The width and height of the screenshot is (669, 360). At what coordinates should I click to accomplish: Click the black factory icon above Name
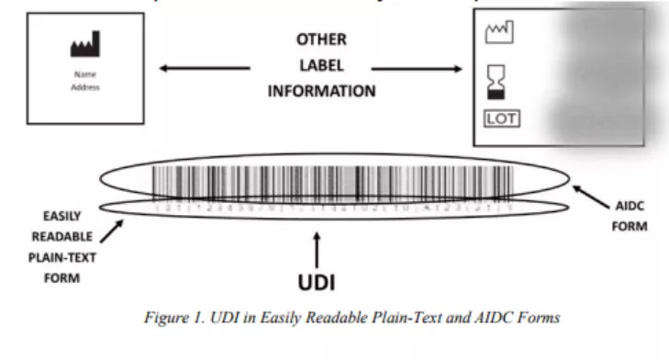pyautogui.click(x=85, y=44)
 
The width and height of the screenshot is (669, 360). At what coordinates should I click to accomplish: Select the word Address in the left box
pyautogui.click(x=84, y=88)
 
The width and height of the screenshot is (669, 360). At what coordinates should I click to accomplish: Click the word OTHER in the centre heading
pyautogui.click(x=321, y=40)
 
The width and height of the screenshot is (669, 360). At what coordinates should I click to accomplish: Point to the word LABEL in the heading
pyautogui.click(x=321, y=66)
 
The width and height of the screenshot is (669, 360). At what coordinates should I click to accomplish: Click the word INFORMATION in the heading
pyautogui.click(x=321, y=91)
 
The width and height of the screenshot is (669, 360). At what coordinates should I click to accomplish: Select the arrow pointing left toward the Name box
pyautogui.click(x=204, y=67)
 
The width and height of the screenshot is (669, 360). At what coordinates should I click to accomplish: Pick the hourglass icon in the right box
pyautogui.click(x=496, y=80)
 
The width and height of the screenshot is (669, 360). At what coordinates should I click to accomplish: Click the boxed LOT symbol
pyautogui.click(x=501, y=118)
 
